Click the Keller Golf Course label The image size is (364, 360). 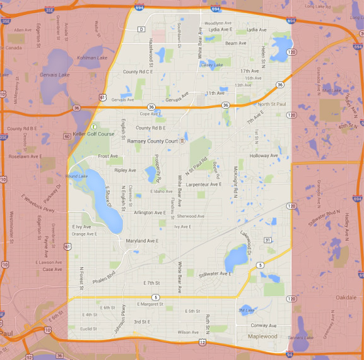93,134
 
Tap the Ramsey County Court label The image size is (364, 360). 153,141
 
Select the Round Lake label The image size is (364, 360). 76,176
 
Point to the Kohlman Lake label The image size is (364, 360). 92,57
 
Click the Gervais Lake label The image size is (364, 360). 55,75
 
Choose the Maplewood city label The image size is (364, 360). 262,336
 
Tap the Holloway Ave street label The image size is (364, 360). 263,155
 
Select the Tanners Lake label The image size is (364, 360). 300,337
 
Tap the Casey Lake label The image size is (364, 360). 212,64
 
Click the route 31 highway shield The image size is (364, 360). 267,240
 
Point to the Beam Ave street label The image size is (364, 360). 236,43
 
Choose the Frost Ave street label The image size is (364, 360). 108,155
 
